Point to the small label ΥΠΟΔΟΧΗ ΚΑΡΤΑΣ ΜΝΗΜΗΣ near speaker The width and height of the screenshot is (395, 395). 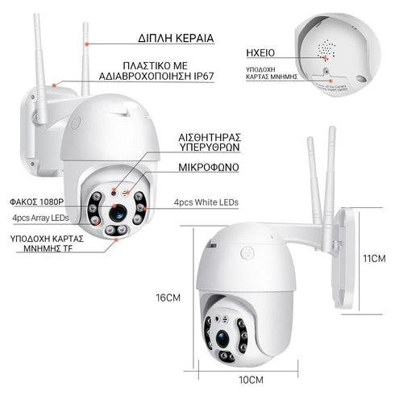[272, 74]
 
